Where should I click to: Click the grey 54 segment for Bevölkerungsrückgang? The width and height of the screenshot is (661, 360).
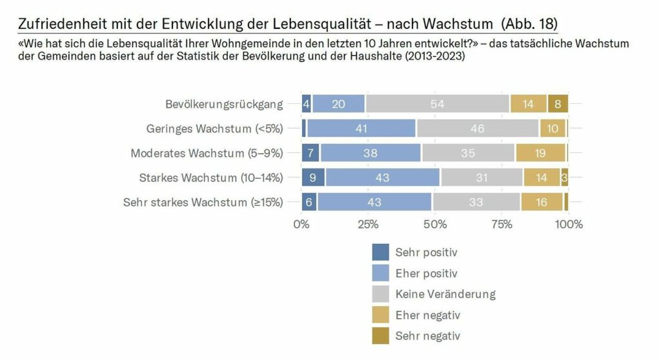[x=437, y=104]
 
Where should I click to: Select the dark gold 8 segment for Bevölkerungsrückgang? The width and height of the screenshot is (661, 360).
[x=558, y=104]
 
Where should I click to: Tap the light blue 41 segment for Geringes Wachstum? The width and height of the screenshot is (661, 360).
[x=361, y=128]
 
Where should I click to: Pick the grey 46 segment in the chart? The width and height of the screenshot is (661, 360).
[x=477, y=128]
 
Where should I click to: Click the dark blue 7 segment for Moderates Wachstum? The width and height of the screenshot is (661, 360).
[x=311, y=153]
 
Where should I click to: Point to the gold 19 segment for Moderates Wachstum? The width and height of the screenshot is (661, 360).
[x=540, y=153]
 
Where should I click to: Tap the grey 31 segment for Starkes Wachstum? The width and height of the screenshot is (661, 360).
[x=482, y=177]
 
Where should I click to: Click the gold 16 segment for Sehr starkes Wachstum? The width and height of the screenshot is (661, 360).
[x=542, y=202]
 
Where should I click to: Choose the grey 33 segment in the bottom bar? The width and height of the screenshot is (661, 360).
[x=476, y=202]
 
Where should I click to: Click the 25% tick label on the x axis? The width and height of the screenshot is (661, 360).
[x=368, y=225]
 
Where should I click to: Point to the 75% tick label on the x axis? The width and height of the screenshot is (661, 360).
[x=502, y=225]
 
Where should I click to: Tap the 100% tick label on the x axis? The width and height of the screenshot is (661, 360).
[x=569, y=225]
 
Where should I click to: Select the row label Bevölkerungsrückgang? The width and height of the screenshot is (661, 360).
[x=224, y=104]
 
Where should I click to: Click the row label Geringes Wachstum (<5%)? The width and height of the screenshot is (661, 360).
[x=214, y=128]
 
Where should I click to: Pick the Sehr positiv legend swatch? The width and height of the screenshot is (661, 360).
[x=381, y=252]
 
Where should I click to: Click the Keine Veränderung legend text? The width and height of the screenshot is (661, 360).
[x=445, y=294]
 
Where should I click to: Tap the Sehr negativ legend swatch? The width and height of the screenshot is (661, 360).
[x=381, y=336]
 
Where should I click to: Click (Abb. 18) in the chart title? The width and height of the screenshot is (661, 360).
[x=529, y=24]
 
